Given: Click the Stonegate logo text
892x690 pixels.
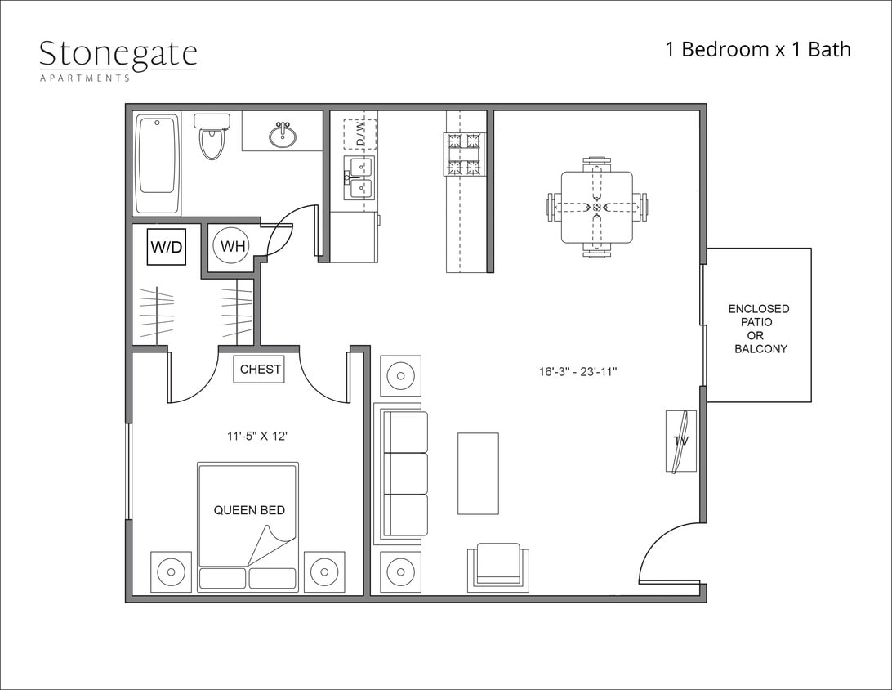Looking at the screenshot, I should click(x=118, y=54).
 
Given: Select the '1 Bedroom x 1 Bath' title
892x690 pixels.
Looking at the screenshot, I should click(x=758, y=49).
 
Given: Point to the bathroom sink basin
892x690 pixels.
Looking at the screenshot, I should click(x=283, y=134).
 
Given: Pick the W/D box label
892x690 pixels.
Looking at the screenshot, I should click(x=167, y=246).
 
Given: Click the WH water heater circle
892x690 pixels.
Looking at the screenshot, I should click(x=231, y=246).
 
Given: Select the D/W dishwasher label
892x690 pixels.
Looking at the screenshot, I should click(x=359, y=133).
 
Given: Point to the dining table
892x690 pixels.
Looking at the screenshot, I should click(x=596, y=207).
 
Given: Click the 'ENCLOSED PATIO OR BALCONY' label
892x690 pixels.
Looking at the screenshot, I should click(x=759, y=329).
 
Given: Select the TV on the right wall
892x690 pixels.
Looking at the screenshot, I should click(x=680, y=441).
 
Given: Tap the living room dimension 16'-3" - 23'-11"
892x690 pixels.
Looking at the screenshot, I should click(x=578, y=371).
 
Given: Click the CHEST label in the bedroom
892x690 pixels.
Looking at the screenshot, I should click(x=261, y=370).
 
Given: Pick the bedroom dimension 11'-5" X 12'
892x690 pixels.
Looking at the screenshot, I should click(x=257, y=437).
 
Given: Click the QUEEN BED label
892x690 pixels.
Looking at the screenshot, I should click(x=249, y=510).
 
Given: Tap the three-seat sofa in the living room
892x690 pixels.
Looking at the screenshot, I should click(x=401, y=473).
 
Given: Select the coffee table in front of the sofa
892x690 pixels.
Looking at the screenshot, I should click(x=478, y=473).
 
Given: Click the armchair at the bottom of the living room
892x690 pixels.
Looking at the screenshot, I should click(x=497, y=567).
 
